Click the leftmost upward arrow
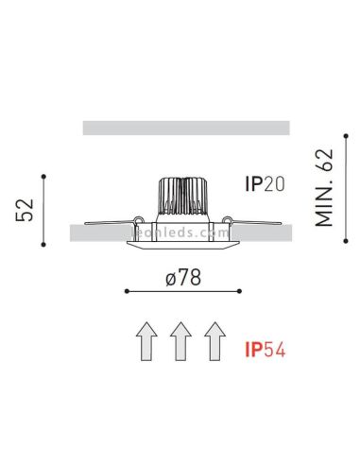pyautogui.click(x=145, y=341)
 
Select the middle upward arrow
pyautogui.click(x=180, y=341)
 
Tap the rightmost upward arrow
pyautogui.click(x=214, y=341)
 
